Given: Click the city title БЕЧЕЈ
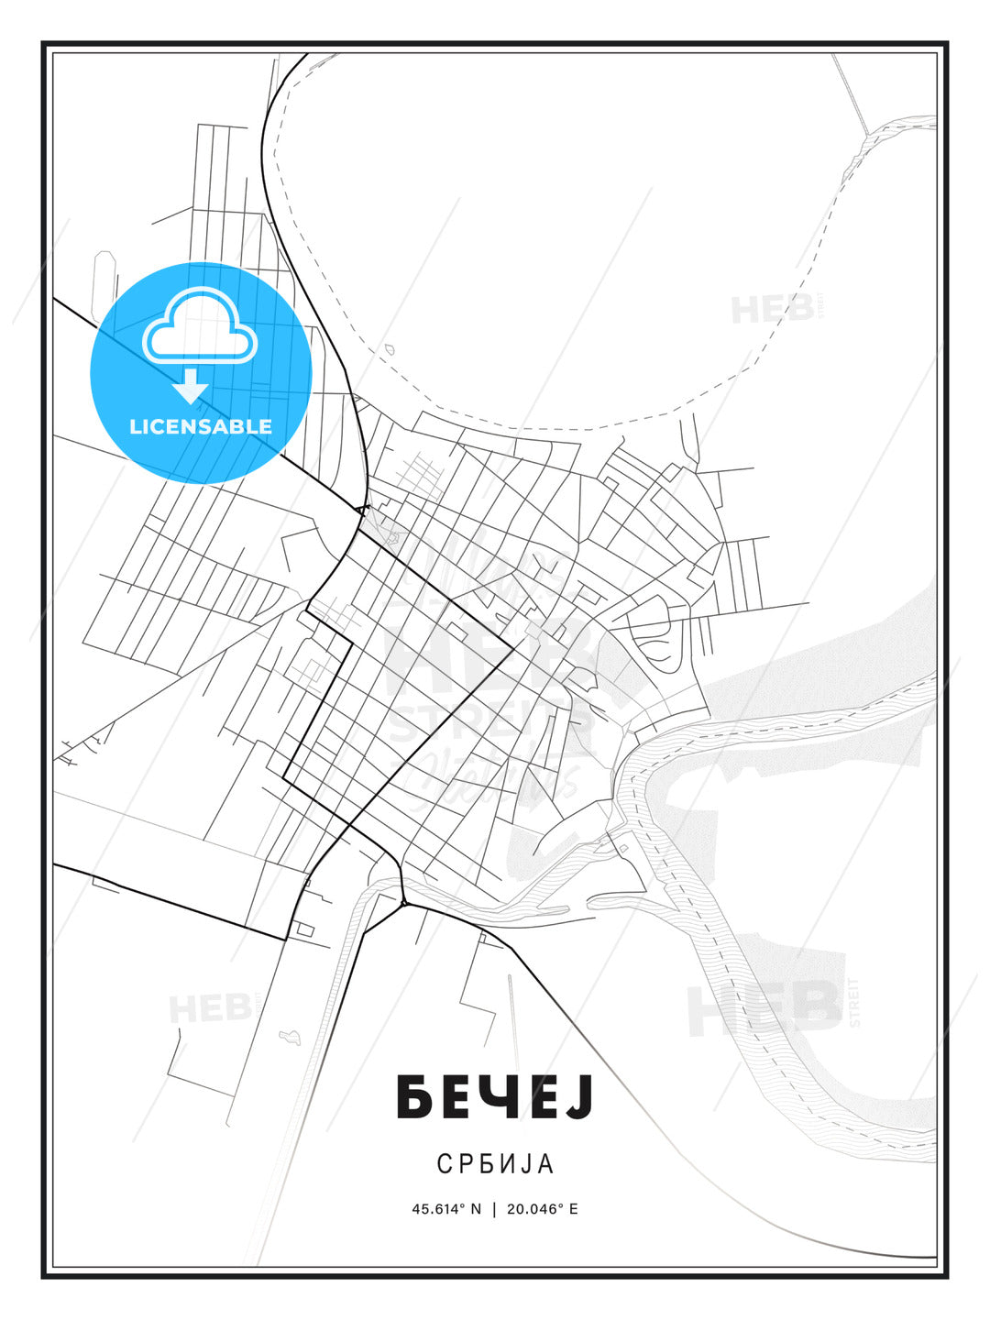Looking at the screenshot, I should [495, 1097].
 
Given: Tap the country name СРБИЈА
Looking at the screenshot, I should [495, 1163].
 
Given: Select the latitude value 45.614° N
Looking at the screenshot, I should [446, 1208].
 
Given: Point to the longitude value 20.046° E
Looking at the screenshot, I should [542, 1208].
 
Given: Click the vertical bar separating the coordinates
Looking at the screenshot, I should [494, 1208].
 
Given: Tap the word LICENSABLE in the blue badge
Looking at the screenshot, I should [201, 426].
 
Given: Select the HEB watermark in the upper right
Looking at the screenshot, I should [772, 309].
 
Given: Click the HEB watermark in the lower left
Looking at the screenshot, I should [209, 1008].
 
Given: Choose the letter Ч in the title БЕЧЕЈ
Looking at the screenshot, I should [497, 1097].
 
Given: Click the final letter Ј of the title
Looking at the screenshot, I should [578, 1097].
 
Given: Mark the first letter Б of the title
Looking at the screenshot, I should [413, 1097].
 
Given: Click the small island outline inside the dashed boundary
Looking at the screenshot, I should [389, 349].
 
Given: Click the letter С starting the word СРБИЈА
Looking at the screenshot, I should [444, 1163].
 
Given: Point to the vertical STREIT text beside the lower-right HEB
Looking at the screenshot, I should [854, 1002].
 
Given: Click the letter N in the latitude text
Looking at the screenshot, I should [475, 1208].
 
